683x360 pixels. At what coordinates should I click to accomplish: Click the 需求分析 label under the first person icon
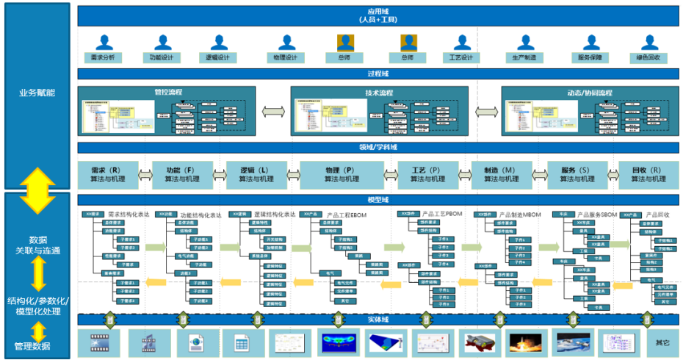tap(102, 57)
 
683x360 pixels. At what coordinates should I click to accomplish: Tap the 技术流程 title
tap(379, 93)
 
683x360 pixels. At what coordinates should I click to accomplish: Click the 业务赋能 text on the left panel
tap(37, 93)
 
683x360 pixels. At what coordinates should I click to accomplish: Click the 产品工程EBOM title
tap(346, 215)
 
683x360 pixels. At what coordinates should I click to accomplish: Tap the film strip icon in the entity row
tap(100, 342)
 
